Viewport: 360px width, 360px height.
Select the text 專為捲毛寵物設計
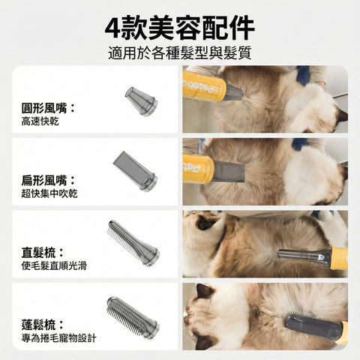point(58,338)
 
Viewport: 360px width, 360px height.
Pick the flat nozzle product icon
point(135,170)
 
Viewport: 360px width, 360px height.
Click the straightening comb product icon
point(133,242)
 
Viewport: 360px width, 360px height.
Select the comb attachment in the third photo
point(300,256)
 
